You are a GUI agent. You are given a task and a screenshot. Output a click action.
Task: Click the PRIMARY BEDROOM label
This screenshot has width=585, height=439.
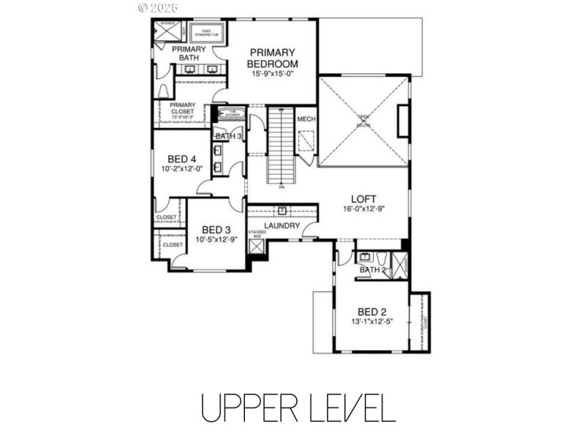point(272,58)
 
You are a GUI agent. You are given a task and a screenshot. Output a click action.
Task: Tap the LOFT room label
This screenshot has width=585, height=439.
point(363,198)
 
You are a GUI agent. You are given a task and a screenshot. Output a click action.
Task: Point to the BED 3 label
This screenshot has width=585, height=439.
point(216,229)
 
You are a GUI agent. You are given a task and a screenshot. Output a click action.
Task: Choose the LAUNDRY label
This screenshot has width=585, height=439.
point(282,225)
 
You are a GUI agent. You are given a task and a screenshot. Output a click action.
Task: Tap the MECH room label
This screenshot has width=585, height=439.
point(306,119)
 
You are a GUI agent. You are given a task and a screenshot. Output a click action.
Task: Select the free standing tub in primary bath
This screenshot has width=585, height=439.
point(205,33)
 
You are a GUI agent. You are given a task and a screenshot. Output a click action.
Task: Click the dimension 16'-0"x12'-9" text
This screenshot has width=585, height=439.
point(363,208)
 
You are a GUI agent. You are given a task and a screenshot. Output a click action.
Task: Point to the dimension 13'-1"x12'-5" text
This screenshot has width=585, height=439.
point(371,320)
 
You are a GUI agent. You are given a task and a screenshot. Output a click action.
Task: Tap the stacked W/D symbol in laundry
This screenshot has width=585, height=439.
point(257,246)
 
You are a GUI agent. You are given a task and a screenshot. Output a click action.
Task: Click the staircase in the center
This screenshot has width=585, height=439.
point(281,146)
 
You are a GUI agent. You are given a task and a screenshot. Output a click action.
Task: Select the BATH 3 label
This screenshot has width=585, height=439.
point(227,136)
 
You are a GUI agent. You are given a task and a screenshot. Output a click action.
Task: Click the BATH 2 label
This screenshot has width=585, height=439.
point(372,270)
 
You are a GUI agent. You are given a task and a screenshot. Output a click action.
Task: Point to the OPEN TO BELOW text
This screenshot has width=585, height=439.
point(363,121)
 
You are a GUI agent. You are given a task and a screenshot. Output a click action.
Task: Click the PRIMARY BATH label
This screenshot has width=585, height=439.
point(189,53)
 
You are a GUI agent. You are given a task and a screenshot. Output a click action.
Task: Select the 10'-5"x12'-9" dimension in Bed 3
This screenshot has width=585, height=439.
point(216,239)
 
